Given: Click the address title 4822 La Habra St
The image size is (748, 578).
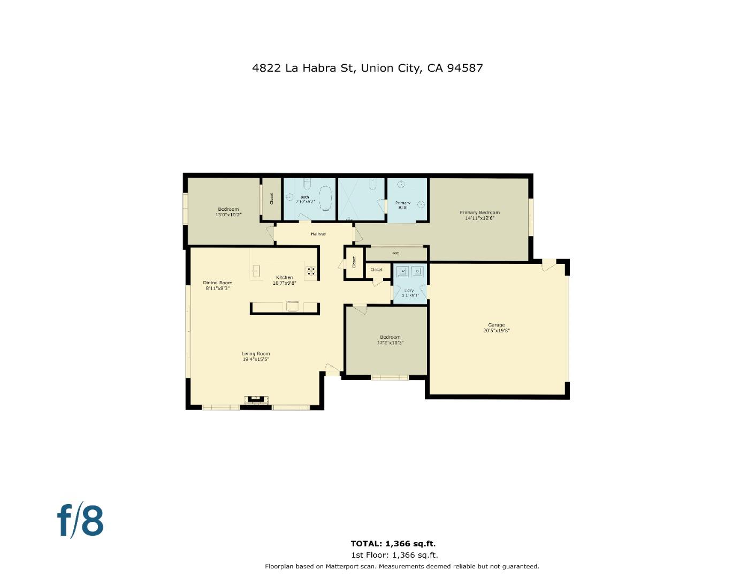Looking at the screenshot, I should tap(367, 68).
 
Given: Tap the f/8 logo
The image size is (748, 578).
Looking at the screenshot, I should tap(80, 520).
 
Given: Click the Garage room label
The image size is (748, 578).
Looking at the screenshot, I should tap(496, 325).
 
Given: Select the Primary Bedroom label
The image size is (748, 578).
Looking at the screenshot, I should tap(479, 212).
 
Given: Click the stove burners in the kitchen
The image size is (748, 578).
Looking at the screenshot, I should tap(310, 271).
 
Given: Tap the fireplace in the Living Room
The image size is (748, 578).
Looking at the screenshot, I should tap(256, 399).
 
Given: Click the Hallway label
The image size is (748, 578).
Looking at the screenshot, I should tap(318, 234).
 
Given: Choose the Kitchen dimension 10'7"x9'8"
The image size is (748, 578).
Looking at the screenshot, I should tap(284, 283).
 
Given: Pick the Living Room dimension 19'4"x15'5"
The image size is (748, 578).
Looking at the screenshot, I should tap(256, 360).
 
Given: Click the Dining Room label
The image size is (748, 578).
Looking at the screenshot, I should tap(218, 283).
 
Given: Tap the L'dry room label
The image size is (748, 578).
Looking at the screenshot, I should tap(409, 291).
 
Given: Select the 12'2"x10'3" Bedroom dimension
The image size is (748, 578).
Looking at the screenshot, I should tap(390, 343).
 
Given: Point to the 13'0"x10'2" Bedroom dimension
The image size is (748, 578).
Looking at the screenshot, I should tap(228, 215).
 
